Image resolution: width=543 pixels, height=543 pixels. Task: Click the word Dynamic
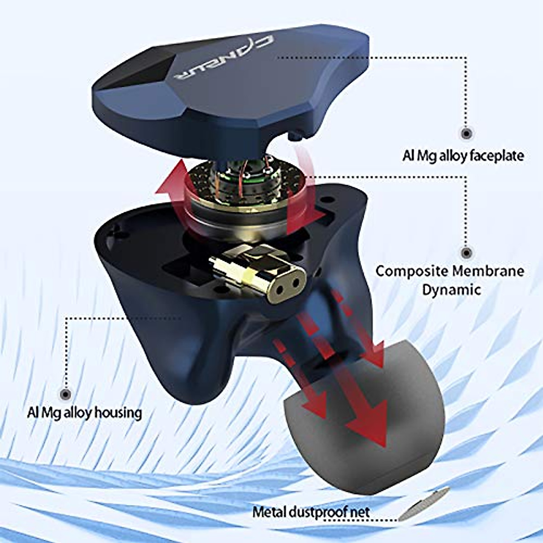tap(451, 290)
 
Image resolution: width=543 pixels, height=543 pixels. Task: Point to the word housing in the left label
tap(119, 413)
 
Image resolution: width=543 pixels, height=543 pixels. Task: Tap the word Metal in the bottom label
tap(269, 512)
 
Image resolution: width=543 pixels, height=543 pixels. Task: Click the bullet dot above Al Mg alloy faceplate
tap(466, 133)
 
